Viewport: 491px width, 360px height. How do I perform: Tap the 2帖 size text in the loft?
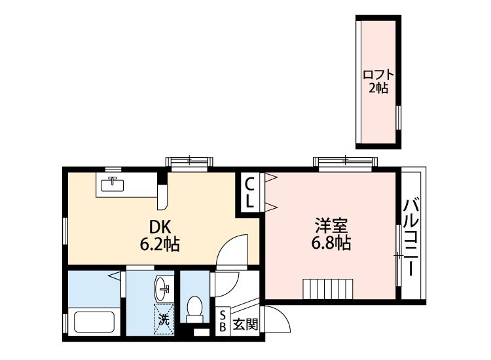click(378, 88)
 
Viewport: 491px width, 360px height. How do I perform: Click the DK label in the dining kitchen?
click(160, 227)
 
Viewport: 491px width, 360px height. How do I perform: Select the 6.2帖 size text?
click(159, 245)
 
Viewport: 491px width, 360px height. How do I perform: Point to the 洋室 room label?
click(331, 226)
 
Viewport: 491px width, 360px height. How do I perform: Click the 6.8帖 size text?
click(331, 244)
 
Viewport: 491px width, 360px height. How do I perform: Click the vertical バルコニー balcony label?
click(411, 237)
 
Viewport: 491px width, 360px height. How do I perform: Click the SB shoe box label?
click(223, 321)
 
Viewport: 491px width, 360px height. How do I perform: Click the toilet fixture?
click(194, 308)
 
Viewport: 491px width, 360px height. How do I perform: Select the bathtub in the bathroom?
click(95, 322)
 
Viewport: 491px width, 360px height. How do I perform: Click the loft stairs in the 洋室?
click(327, 288)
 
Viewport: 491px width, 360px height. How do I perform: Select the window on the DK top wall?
click(189, 161)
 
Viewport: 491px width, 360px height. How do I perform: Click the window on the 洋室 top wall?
click(344, 161)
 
